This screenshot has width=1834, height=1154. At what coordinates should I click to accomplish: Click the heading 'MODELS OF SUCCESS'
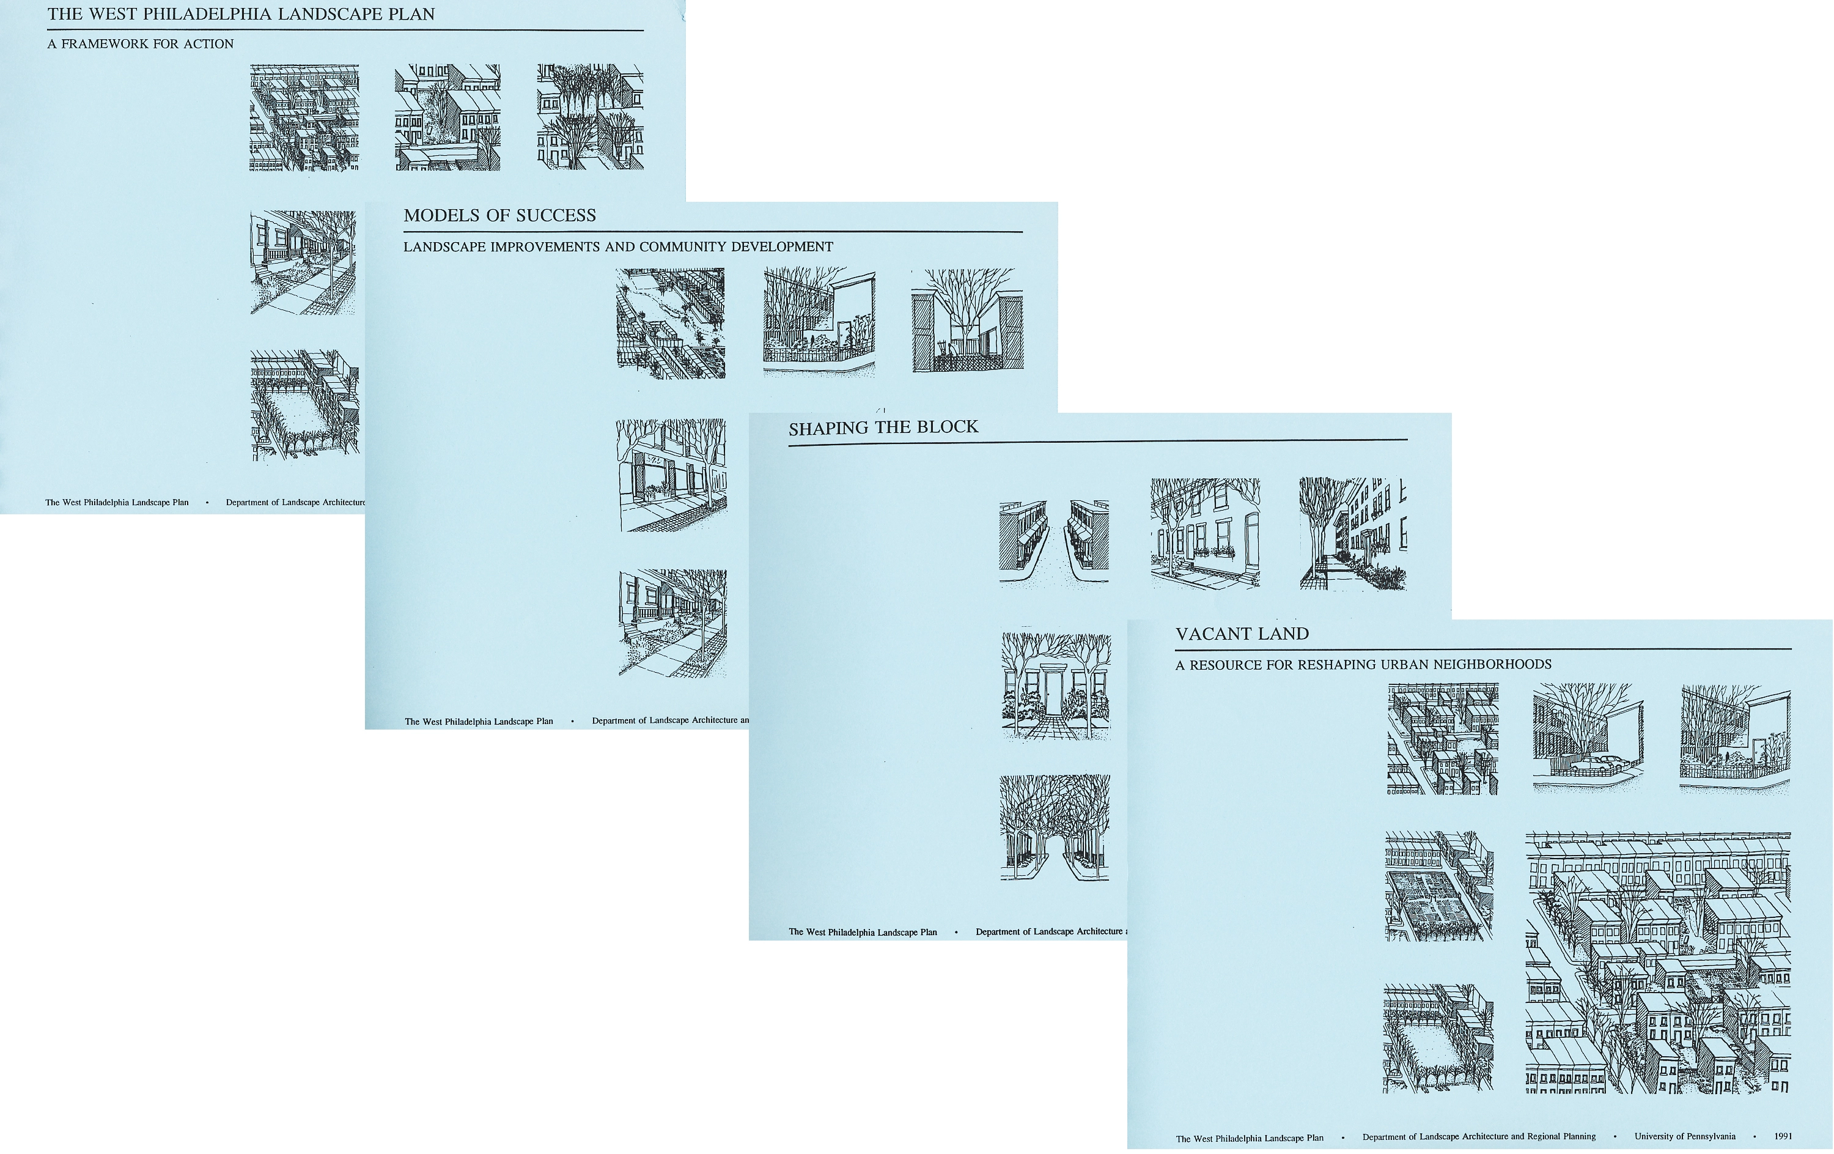[x=499, y=215]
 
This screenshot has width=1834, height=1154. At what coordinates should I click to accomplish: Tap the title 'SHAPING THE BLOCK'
[x=883, y=427]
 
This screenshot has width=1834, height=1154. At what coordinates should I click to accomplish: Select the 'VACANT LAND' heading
[x=1242, y=634]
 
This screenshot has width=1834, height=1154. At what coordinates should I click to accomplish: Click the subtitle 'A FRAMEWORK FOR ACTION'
[x=140, y=44]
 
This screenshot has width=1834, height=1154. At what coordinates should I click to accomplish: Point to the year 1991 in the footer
[x=1783, y=1136]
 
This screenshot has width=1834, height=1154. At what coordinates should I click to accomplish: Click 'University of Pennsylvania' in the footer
[x=1685, y=1136]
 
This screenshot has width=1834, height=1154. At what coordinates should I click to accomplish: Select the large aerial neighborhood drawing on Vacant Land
[x=1658, y=963]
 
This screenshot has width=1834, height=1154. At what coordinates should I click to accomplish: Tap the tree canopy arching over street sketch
[x=1055, y=828]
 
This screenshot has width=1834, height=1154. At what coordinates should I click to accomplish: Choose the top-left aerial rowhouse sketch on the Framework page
[x=304, y=117]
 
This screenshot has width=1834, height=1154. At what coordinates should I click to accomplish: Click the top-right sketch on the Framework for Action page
[x=591, y=117]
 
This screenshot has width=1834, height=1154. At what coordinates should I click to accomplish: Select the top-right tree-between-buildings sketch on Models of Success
[x=967, y=320]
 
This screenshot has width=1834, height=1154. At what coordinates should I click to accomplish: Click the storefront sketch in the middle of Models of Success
[x=671, y=475]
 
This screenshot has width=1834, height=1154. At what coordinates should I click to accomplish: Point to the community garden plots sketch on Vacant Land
[x=1438, y=886]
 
